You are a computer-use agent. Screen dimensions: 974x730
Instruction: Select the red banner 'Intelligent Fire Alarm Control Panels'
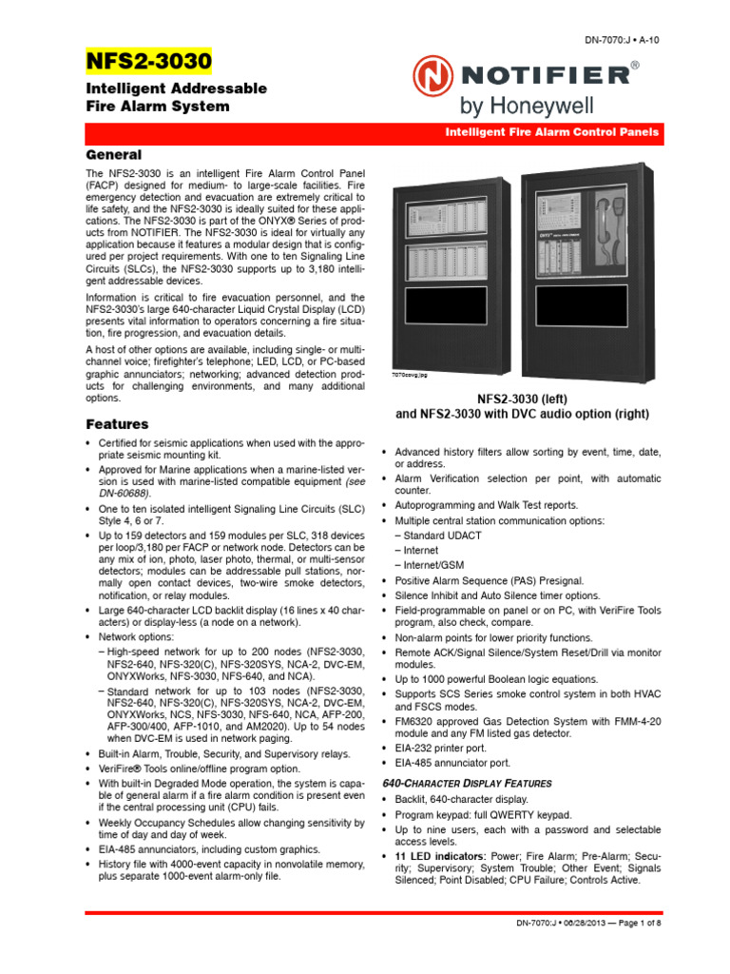tap(552, 133)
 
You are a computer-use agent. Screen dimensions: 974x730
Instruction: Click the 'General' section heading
tap(114, 154)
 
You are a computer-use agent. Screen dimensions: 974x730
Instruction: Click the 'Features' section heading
tap(117, 423)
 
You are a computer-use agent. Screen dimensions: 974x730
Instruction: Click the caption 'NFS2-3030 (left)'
tap(522, 398)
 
